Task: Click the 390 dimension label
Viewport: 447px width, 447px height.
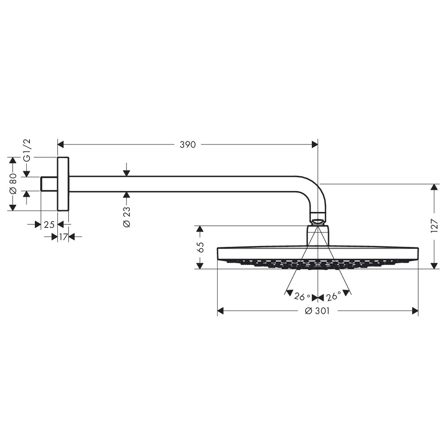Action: tap(188, 144)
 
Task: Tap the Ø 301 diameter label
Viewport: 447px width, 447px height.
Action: tap(317, 311)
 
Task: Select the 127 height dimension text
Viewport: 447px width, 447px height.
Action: tap(434, 226)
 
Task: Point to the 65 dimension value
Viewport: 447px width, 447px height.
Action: tap(200, 247)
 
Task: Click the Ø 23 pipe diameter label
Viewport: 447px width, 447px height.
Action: tap(127, 216)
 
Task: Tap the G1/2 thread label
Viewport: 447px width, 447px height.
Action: tap(27, 151)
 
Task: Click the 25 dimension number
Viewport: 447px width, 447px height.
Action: tap(49, 225)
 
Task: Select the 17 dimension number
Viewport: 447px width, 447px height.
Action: tap(63, 236)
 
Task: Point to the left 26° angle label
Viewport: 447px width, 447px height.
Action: tap(302, 297)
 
